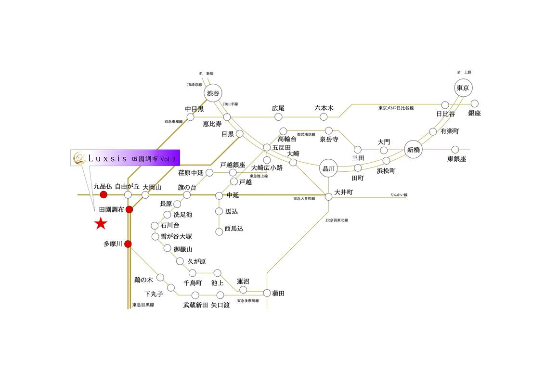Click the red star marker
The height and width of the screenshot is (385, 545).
[101, 223]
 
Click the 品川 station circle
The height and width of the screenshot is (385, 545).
[329, 168]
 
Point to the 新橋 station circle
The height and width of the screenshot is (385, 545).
[414, 150]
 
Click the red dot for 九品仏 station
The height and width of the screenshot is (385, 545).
[103, 195]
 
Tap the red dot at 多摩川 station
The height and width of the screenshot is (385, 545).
[128, 244]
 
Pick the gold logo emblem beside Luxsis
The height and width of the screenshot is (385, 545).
[78, 157]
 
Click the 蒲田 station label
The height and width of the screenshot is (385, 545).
[279, 293]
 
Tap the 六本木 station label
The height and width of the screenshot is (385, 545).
[324, 108]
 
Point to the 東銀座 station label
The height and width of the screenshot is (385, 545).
[456, 159]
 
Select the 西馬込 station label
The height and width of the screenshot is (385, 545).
[234, 229]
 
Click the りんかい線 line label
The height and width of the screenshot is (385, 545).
[399, 195]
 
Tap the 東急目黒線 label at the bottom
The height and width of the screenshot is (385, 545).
[143, 305]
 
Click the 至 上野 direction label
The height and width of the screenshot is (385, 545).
[464, 72]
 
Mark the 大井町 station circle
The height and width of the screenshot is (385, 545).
[329, 196]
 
